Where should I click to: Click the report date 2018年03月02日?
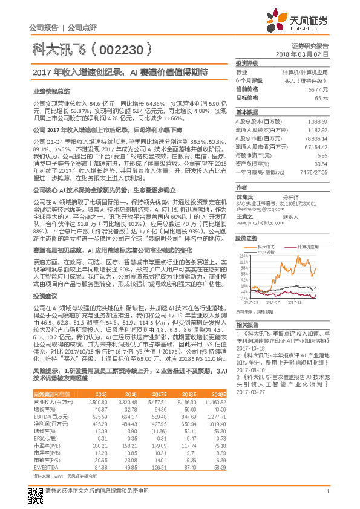309,54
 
